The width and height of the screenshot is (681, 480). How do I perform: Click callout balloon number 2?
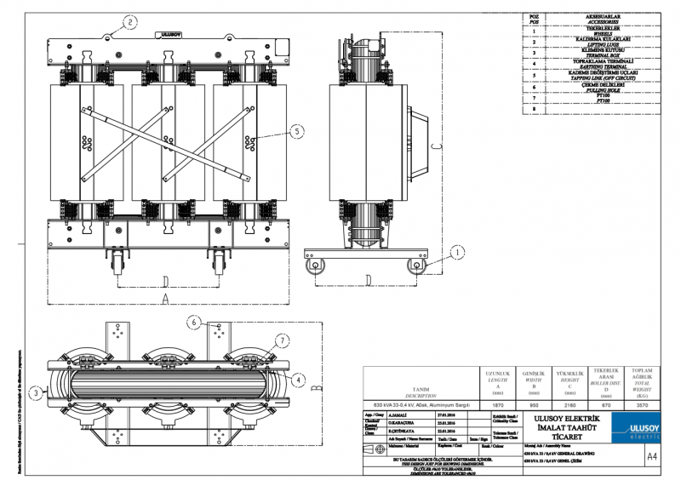point(130,21)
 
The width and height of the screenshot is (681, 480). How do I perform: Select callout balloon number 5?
point(296,131)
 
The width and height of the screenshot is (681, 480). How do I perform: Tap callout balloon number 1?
point(457,252)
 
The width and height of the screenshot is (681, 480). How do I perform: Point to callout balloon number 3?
point(34,392)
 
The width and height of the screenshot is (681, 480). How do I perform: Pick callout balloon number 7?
point(280,341)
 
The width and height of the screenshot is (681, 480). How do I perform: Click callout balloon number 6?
point(194,323)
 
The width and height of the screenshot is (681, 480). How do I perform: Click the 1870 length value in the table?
point(496,405)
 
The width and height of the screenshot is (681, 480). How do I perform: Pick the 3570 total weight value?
point(642,405)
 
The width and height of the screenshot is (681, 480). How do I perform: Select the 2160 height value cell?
point(569,405)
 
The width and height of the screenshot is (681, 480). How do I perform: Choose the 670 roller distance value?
point(605,405)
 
